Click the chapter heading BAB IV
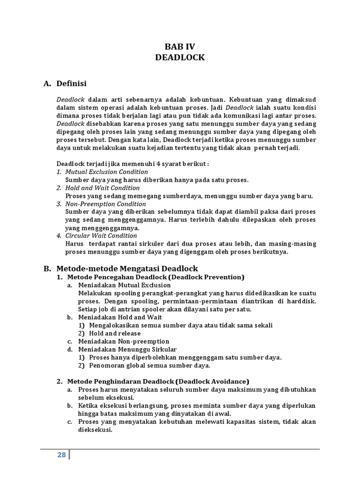click(x=180, y=46)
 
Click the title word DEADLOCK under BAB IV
click(x=180, y=57)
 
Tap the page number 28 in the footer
click(x=61, y=455)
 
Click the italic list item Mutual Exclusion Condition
click(x=106, y=172)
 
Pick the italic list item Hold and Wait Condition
click(x=103, y=187)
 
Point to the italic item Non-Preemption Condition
click(x=105, y=204)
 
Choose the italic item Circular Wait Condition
click(x=101, y=235)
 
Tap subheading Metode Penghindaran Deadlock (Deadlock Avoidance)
click(x=158, y=381)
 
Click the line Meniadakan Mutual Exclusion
click(x=124, y=285)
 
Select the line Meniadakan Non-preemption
click(x=124, y=341)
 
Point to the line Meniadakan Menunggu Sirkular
click(x=127, y=349)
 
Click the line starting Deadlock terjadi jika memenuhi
click(x=133, y=164)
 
